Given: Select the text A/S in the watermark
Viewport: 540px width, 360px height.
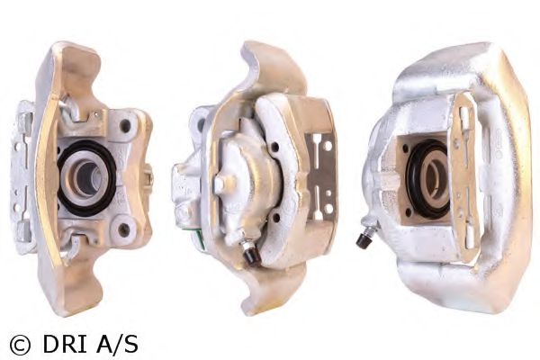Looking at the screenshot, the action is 117,344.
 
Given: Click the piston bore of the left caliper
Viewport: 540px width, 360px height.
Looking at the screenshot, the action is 86,177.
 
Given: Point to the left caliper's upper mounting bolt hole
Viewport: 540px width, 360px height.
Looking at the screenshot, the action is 125,126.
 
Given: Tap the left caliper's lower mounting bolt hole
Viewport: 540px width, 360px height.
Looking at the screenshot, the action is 123,230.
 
